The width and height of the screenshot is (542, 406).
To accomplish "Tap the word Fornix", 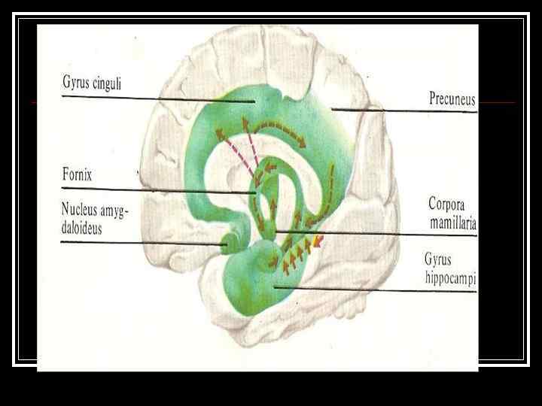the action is click(x=77, y=175).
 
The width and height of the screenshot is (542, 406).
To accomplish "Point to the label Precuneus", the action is click(x=452, y=98).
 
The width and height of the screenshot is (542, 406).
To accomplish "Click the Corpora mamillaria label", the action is click(x=452, y=213).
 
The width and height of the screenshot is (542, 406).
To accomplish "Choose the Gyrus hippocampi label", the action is click(x=450, y=268).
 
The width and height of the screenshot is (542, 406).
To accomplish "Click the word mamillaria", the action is click(x=452, y=223).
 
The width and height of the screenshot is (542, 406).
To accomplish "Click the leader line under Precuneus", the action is click(x=406, y=111).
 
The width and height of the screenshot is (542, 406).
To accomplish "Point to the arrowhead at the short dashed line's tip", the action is click(x=318, y=241).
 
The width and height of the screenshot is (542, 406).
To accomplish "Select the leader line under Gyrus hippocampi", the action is click(x=376, y=290).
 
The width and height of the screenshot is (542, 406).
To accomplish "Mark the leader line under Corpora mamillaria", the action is click(x=376, y=235).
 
